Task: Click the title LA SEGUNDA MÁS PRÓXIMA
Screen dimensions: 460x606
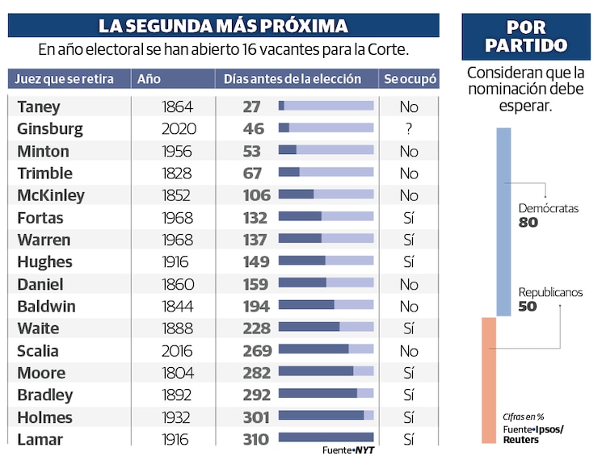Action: point(223,26)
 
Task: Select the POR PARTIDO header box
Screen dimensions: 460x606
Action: point(526,36)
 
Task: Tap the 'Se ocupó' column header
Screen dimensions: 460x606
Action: point(409,79)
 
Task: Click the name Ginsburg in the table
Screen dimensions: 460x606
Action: point(50,128)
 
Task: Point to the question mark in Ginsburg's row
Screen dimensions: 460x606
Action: point(409,128)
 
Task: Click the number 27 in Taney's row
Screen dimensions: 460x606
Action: point(251,107)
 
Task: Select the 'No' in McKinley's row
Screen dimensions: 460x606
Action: point(409,195)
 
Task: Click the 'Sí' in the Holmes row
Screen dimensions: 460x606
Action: point(409,417)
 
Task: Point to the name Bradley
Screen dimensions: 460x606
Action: point(45,395)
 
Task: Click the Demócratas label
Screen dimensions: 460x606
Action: point(549,208)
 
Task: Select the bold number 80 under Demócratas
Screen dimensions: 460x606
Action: point(528,223)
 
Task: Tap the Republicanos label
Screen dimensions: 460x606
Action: point(550,293)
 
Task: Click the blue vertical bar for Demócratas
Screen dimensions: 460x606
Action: point(503,221)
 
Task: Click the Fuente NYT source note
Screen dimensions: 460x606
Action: point(349,450)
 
